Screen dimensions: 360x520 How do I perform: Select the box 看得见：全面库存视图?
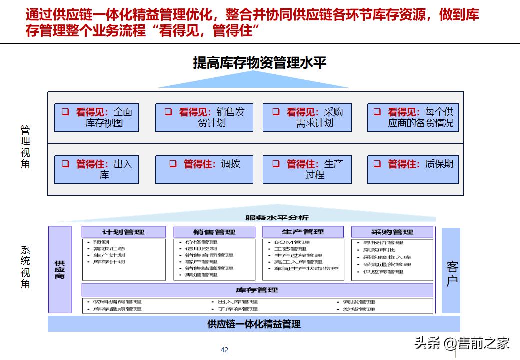pos(96,118)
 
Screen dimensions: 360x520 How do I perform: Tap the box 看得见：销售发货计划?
pos(204,118)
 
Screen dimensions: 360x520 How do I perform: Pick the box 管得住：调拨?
pos(204,169)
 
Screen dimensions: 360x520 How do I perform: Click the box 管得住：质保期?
pos(413,169)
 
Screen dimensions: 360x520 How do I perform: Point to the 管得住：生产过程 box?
pos(307,169)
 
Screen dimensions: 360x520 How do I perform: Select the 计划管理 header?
pos(123,232)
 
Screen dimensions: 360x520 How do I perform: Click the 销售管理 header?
pos(214,232)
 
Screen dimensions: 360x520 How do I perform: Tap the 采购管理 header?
pos(392,232)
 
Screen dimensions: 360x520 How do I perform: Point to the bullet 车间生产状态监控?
pos(306,268)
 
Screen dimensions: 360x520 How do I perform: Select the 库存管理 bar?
pos(257,290)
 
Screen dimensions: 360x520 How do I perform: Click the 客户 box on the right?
pos(451,271)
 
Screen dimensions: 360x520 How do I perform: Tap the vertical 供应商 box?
pos(60,270)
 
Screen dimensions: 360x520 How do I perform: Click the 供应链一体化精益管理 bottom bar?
pos(254,324)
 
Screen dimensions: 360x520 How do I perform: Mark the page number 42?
pos(224,350)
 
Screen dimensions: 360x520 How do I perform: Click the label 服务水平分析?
pos(277,217)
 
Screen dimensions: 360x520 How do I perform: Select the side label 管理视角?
pos(25,146)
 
